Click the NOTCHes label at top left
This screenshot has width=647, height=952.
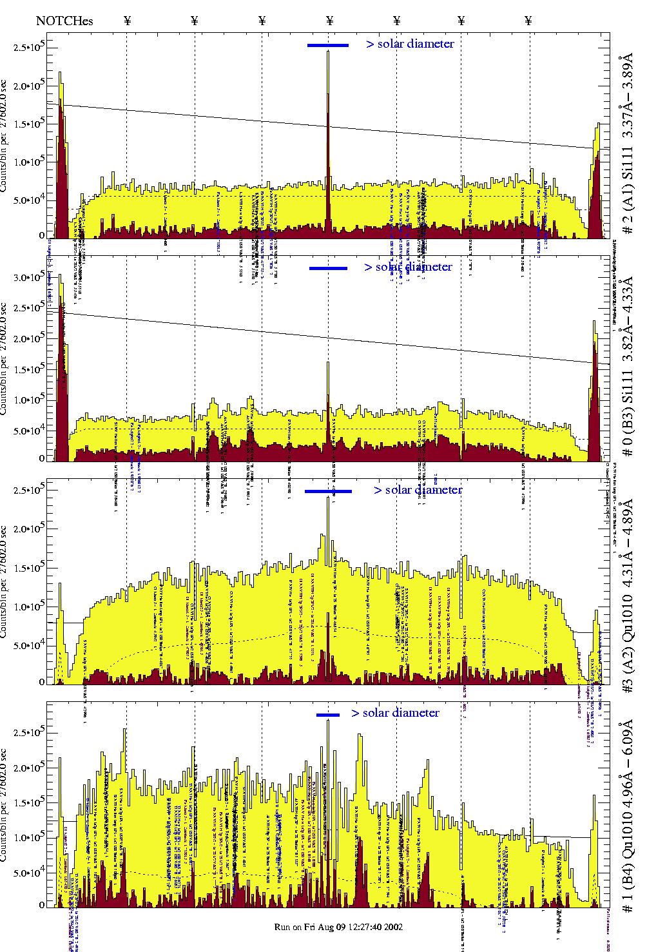pyautogui.click(x=64, y=21)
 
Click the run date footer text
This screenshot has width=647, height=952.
pyautogui.click(x=338, y=926)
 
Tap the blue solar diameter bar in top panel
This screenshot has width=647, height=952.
pyautogui.click(x=328, y=45)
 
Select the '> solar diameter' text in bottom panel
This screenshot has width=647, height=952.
pyautogui.click(x=395, y=713)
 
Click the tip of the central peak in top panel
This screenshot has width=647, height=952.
pyautogui.click(x=328, y=52)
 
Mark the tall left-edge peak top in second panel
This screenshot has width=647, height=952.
pyautogui.click(x=60, y=275)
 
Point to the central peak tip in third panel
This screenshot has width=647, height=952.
pyautogui.click(x=328, y=498)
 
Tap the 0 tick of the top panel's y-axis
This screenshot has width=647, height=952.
pyautogui.click(x=41, y=236)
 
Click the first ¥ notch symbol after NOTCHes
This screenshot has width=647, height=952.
pyautogui.click(x=127, y=21)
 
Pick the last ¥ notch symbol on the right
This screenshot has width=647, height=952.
pyautogui.click(x=528, y=21)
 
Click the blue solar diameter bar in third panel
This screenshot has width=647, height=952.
pyautogui.click(x=328, y=491)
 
